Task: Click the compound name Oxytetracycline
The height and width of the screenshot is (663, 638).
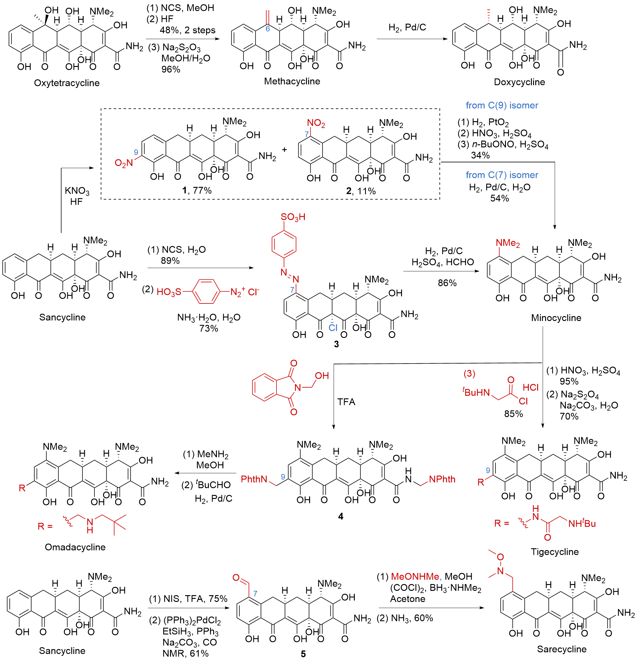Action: (67, 83)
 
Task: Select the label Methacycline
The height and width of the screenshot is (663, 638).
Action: (292, 81)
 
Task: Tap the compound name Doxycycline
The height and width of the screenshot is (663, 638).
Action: (519, 82)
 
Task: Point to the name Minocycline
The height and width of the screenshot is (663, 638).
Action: (556, 318)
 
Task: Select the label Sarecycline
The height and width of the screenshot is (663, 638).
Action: (561, 649)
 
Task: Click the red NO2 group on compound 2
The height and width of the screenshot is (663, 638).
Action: (316, 123)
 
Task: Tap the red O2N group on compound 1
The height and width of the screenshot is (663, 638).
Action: (124, 163)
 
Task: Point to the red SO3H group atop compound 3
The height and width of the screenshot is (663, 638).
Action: (293, 217)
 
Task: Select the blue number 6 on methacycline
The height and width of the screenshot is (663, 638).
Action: (267, 29)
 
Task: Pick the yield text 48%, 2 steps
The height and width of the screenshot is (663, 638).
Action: (187, 30)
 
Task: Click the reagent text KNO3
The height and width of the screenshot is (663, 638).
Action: (77, 191)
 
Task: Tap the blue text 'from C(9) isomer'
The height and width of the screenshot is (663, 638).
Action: (502, 105)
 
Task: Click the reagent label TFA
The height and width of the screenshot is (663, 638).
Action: (346, 402)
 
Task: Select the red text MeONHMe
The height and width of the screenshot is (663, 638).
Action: (415, 576)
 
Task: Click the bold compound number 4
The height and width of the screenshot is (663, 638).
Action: (341, 516)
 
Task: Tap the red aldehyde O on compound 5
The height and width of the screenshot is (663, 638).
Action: (236, 577)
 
